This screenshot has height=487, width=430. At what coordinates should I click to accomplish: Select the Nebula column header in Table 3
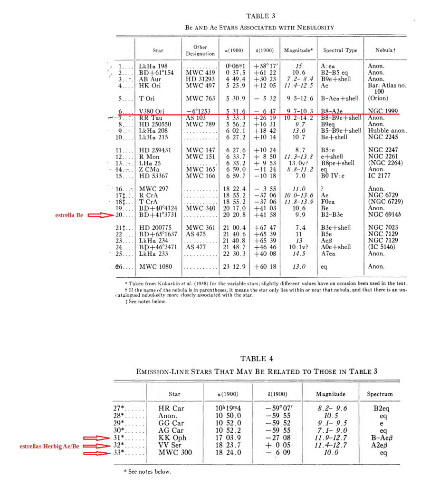[x=385, y=50]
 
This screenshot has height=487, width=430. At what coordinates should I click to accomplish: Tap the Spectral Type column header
[x=340, y=50]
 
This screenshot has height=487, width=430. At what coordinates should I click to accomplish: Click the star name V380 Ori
[x=152, y=111]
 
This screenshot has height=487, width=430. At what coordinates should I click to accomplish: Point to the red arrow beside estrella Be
[x=99, y=215]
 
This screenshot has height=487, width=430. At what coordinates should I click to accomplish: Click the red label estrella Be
[x=69, y=215]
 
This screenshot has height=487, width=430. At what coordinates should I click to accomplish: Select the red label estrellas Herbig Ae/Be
[x=49, y=446]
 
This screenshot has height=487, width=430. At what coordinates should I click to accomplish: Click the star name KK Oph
[x=172, y=438]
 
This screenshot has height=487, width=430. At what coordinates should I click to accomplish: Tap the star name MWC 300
[x=175, y=452]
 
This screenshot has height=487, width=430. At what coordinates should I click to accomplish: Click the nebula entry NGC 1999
[x=383, y=111]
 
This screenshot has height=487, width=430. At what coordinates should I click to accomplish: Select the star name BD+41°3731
[x=158, y=215]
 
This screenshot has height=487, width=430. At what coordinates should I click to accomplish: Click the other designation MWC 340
[x=201, y=208]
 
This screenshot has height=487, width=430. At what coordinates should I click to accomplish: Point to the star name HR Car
[x=171, y=408]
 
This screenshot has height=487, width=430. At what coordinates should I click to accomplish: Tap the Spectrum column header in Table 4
[x=380, y=394]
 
